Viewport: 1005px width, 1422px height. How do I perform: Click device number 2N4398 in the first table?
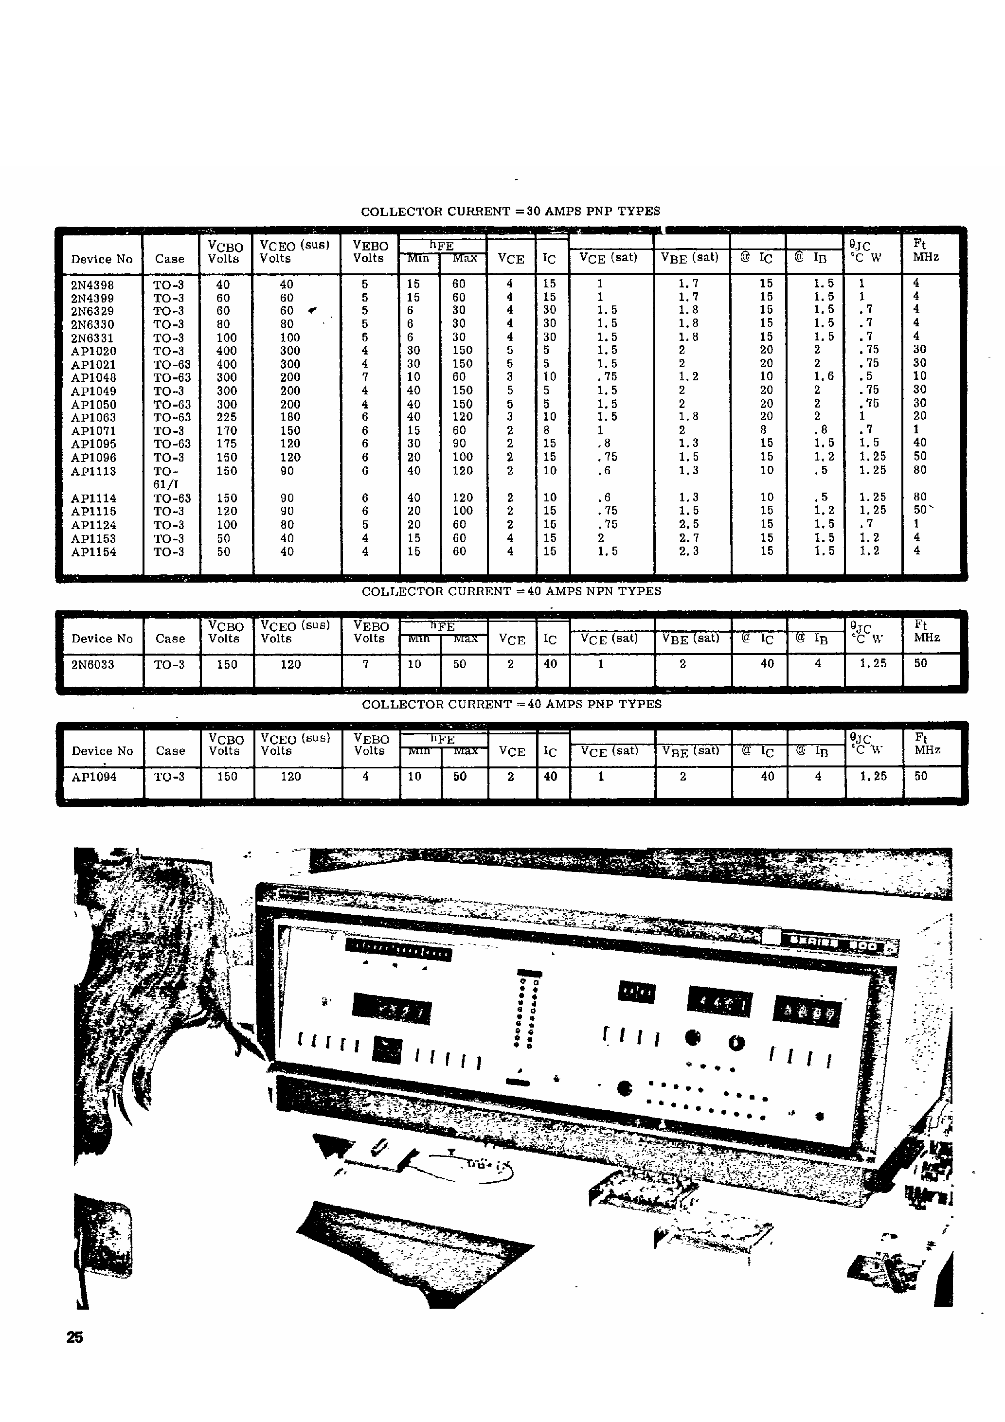pyautogui.click(x=92, y=285)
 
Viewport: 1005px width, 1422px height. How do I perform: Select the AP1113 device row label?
pyautogui.click(x=93, y=471)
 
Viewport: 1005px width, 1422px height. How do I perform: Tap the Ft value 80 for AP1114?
pyautogui.click(x=920, y=497)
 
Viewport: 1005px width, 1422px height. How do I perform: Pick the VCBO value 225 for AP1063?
pyautogui.click(x=227, y=417)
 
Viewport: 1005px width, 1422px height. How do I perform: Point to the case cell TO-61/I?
pyautogui.click(x=166, y=478)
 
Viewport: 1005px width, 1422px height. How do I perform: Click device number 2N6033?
pyautogui.click(x=92, y=664)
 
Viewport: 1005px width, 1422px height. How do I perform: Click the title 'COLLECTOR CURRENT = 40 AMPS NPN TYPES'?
pyautogui.click(x=511, y=591)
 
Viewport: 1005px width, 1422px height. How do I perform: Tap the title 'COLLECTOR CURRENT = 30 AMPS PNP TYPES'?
pyautogui.click(x=511, y=211)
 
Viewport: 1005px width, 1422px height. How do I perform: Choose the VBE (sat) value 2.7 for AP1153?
pyautogui.click(x=688, y=537)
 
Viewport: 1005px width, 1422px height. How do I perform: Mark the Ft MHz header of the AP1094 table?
pyautogui.click(x=927, y=743)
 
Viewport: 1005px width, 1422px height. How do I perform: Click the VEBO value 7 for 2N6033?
pyautogui.click(x=366, y=664)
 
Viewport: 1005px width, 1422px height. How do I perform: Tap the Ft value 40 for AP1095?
pyautogui.click(x=920, y=443)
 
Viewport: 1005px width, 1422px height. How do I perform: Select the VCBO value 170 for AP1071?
pyautogui.click(x=227, y=431)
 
